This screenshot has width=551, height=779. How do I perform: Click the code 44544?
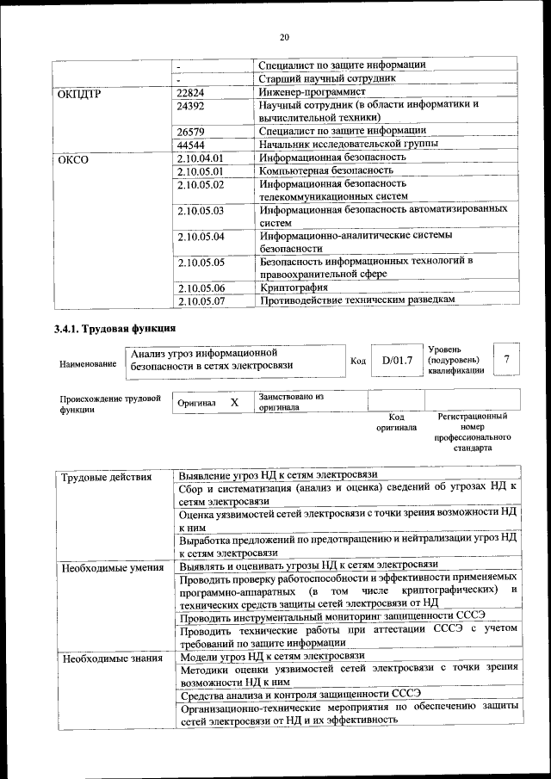point(190,145)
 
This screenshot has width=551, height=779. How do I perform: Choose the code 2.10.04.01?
point(200,158)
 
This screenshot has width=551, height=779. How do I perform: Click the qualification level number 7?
point(507,358)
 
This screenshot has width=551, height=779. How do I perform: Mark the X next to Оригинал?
point(234,402)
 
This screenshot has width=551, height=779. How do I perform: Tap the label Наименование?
point(88,365)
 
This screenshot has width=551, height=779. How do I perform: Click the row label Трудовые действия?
point(107,477)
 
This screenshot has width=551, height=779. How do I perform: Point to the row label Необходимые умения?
point(112,566)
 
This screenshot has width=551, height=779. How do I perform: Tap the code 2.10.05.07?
point(200,301)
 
